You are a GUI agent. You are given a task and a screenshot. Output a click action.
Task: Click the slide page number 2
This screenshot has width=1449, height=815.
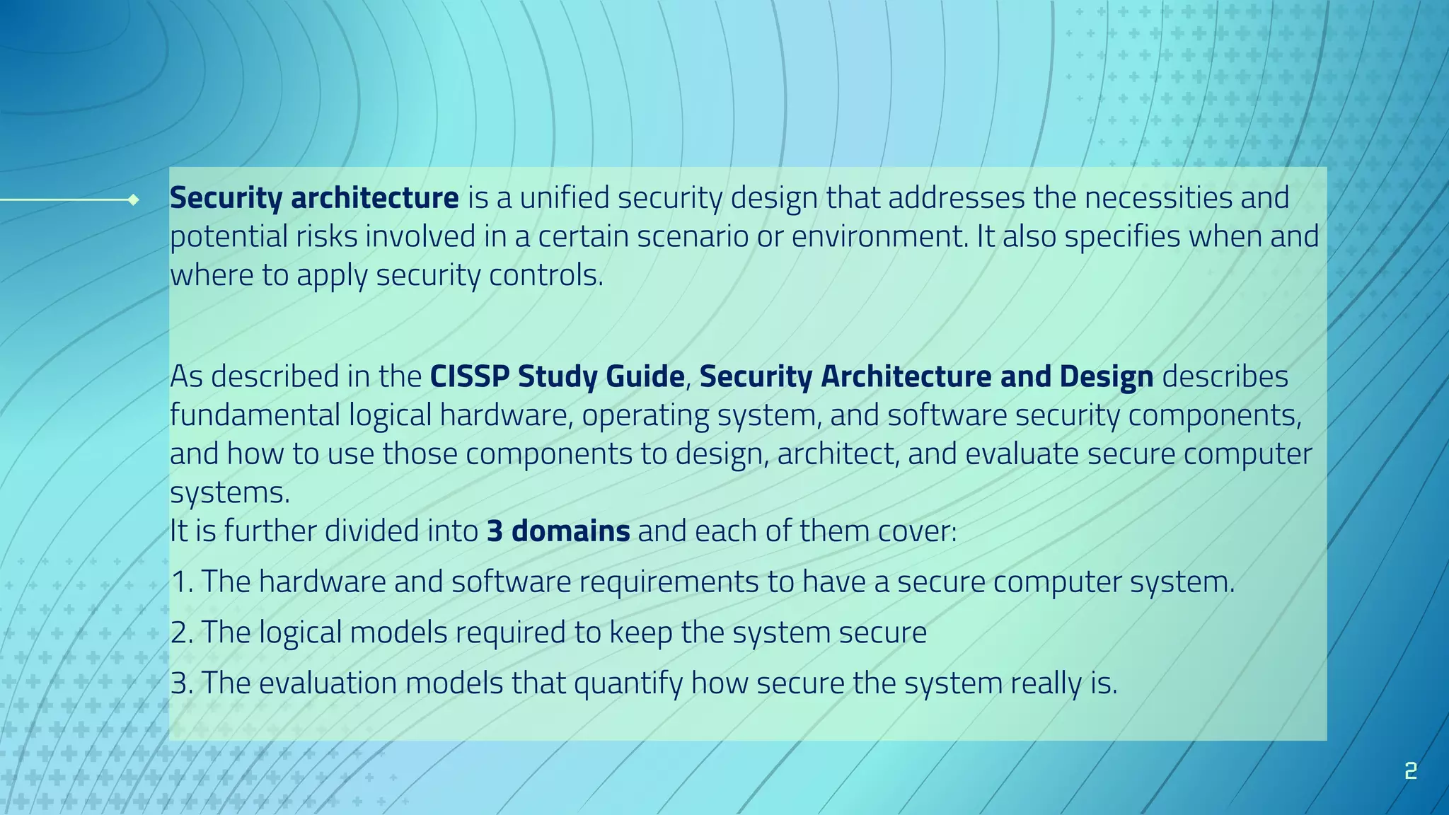pos(1410,770)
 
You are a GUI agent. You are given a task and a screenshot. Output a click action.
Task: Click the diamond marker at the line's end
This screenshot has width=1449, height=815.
pos(133,200)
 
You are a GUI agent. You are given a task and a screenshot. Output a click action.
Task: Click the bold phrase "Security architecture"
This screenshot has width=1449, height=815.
pos(314,198)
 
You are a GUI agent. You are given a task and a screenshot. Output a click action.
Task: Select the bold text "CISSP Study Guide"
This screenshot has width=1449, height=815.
pos(557,376)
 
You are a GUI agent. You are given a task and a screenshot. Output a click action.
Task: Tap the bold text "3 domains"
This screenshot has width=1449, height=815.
pos(558,531)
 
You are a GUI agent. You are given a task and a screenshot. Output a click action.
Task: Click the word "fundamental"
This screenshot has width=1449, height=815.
pos(255,415)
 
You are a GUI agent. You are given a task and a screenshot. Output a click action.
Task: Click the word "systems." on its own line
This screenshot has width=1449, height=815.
pos(230,493)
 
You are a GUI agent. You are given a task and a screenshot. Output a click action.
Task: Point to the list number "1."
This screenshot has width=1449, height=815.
pos(182,582)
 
